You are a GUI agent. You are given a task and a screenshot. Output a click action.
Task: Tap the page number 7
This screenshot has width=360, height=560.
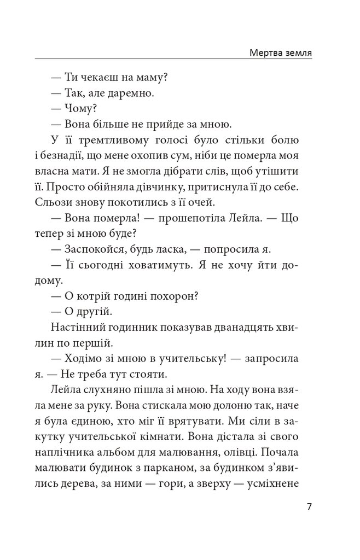tap(309, 506)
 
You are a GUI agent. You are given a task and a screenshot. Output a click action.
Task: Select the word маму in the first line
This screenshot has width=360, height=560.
tap(151, 78)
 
